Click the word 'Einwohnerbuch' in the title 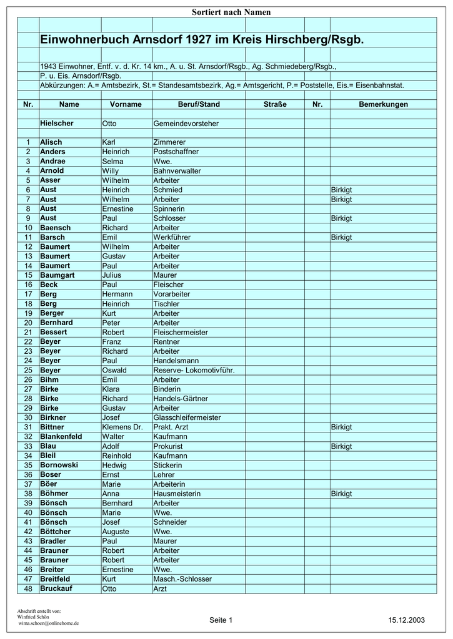[x=84, y=39]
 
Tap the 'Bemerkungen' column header [x=383, y=104]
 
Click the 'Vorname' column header [x=126, y=104]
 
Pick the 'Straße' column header [x=275, y=104]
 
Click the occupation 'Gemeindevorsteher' [x=186, y=124]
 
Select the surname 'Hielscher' [x=57, y=124]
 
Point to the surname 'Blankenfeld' [x=66, y=437]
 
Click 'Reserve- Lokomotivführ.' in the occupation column [x=194, y=370]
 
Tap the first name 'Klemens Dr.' [x=122, y=427]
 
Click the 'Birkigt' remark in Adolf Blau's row [x=342, y=446]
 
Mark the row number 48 [x=27, y=588]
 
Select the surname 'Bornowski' [x=59, y=466]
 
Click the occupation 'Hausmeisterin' [x=177, y=494]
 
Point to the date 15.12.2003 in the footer [x=406, y=620]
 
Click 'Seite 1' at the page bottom [x=221, y=620]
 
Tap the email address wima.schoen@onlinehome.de [x=49, y=623]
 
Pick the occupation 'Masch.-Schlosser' [x=182, y=579]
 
